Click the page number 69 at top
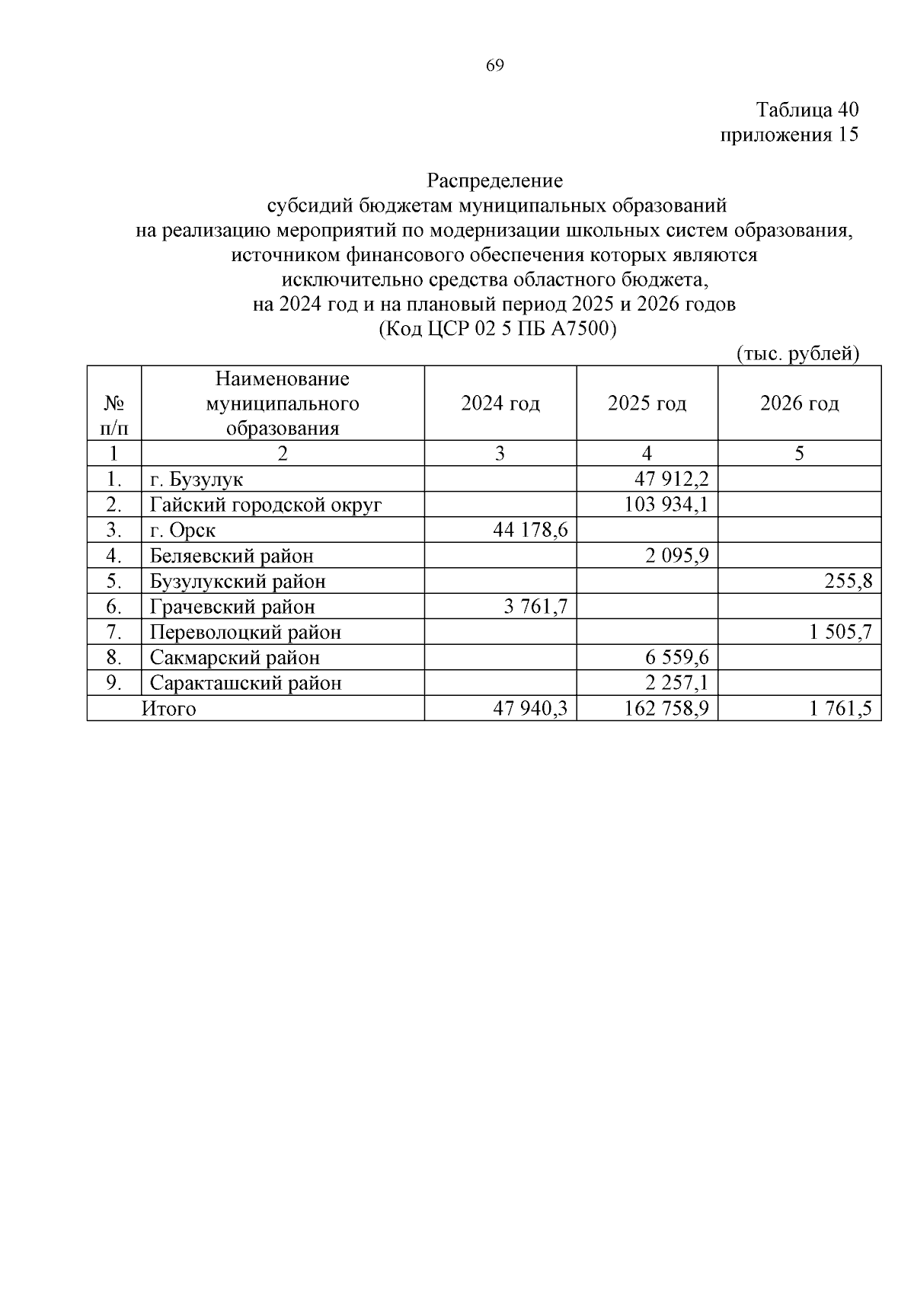(x=494, y=65)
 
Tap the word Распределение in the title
(x=494, y=181)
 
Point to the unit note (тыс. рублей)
(x=797, y=354)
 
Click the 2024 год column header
(x=500, y=403)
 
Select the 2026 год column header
(x=799, y=403)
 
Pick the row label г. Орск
(x=183, y=531)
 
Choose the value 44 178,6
(x=531, y=531)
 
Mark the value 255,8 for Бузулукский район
(x=848, y=582)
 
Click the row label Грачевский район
(x=232, y=607)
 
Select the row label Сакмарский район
(x=235, y=658)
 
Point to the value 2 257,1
(x=677, y=683)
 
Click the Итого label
(x=168, y=709)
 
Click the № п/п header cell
(x=113, y=415)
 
